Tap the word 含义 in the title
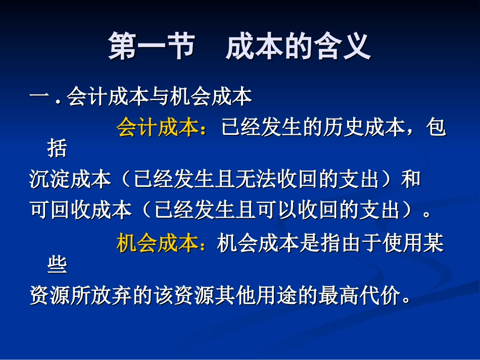(349, 47)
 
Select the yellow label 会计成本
(157, 128)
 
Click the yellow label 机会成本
(157, 243)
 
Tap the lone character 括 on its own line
(57, 149)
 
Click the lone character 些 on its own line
(57, 265)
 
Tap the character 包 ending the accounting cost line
(437, 128)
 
